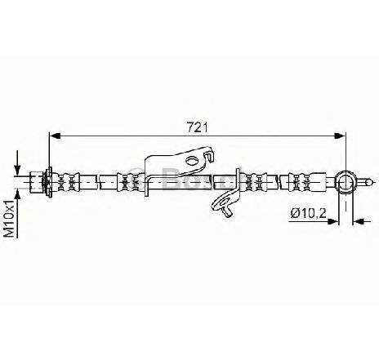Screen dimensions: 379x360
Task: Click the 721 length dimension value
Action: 197,127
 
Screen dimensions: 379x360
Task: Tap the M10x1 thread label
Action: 10,218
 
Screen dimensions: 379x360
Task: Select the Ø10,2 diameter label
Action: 308,213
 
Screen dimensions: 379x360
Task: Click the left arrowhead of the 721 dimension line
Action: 56,136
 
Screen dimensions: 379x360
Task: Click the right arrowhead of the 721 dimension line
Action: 340,136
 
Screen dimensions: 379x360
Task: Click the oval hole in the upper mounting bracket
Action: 192,160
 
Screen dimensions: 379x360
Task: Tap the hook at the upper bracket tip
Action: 209,155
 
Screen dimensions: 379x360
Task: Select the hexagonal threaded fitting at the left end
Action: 37,181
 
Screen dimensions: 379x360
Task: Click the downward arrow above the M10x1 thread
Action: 17,163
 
